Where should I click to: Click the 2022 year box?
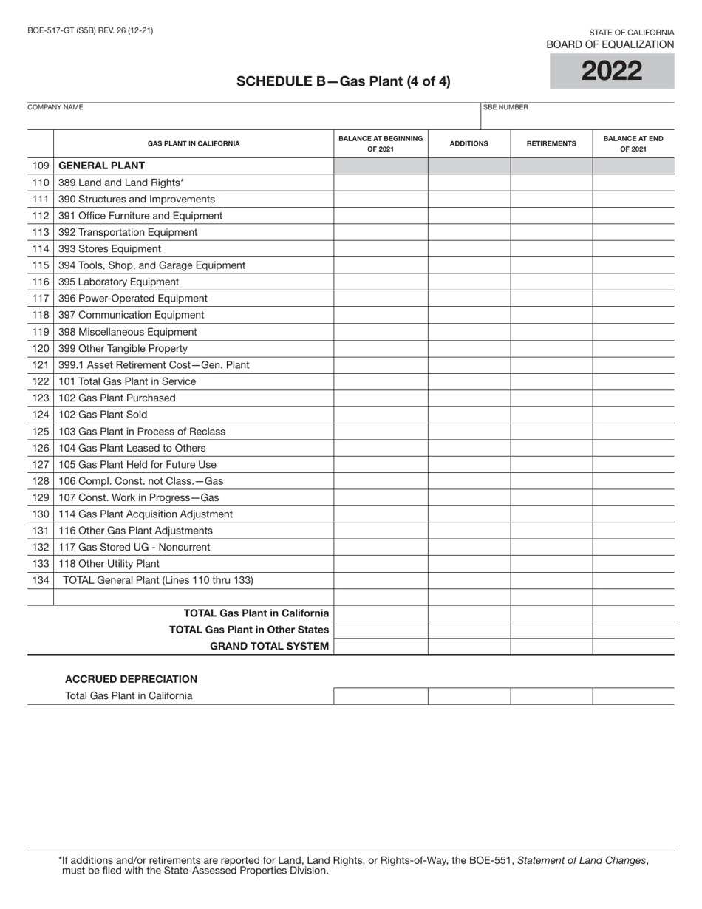point(612,71)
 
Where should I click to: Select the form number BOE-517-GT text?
point(90,31)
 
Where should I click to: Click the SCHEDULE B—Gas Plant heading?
point(343,81)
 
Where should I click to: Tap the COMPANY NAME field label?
point(55,107)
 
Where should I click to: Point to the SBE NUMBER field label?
point(505,107)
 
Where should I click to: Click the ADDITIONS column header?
point(468,143)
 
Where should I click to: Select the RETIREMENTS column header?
point(551,143)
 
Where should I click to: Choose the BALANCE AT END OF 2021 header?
point(633,143)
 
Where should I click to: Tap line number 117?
point(41,299)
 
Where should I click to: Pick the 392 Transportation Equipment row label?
point(128,232)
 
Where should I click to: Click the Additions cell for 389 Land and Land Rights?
point(468,183)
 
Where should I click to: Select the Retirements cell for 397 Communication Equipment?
point(551,315)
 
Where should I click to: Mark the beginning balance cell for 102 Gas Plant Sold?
point(381,415)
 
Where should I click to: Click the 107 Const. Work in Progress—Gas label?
point(138,497)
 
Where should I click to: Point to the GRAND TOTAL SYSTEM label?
point(269,647)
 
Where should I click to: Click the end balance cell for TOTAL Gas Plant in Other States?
point(633,630)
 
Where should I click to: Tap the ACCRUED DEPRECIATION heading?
point(131,679)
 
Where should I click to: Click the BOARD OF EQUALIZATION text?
point(610,44)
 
